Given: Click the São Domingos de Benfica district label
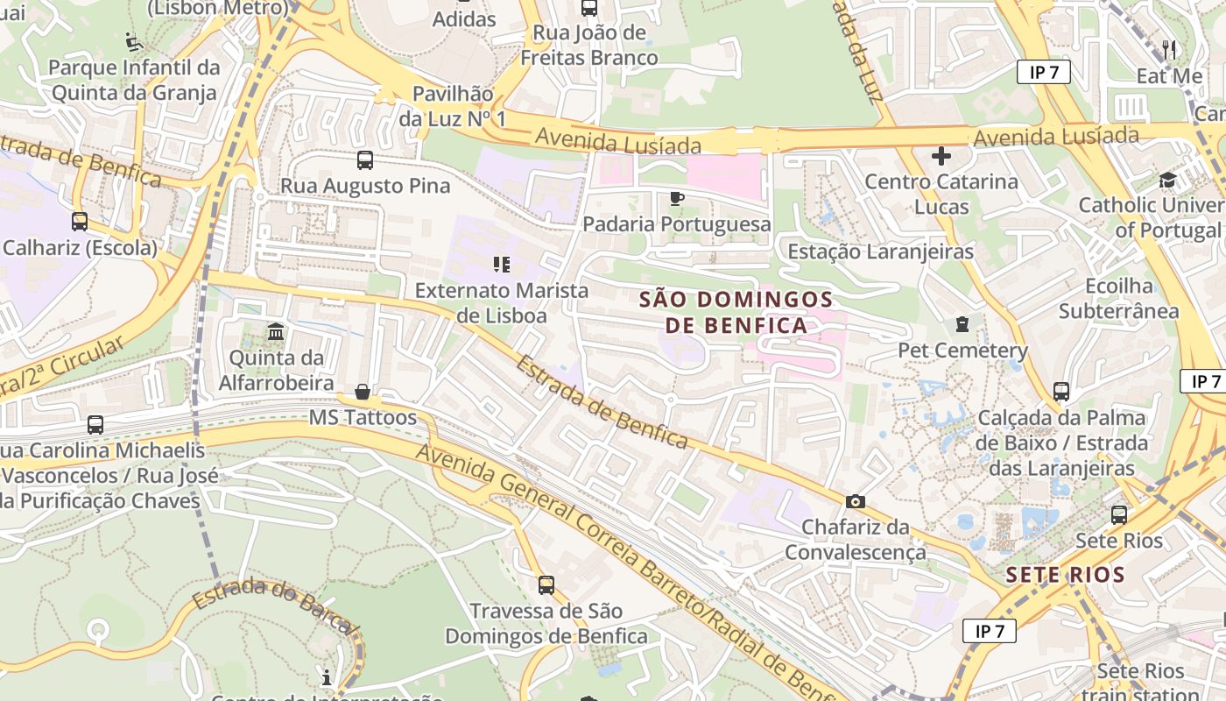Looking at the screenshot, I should (x=723, y=312).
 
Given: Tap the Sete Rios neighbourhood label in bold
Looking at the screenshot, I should (x=1065, y=576).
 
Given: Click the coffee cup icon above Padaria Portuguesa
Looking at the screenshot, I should (x=676, y=199).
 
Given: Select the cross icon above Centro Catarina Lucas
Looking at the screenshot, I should (x=941, y=157).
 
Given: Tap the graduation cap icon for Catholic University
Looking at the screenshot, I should (x=1167, y=181).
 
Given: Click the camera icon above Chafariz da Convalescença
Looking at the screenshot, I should (x=856, y=502).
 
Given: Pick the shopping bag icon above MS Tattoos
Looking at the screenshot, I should (x=363, y=392).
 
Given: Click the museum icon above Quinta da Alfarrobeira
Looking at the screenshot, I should (x=276, y=332).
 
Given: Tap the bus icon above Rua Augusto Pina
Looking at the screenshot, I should (x=365, y=160).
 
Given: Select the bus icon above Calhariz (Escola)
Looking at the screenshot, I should (x=80, y=222).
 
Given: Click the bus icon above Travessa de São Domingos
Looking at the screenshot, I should (x=546, y=584).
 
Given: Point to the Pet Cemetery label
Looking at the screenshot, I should (x=962, y=350).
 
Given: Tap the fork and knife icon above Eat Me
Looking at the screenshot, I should (x=1169, y=49).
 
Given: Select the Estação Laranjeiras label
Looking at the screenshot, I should (x=880, y=251).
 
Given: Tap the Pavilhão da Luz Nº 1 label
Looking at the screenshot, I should (x=453, y=105).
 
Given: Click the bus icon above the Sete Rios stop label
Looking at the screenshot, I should (x=1119, y=515).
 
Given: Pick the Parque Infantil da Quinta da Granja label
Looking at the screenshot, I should (x=134, y=80).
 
